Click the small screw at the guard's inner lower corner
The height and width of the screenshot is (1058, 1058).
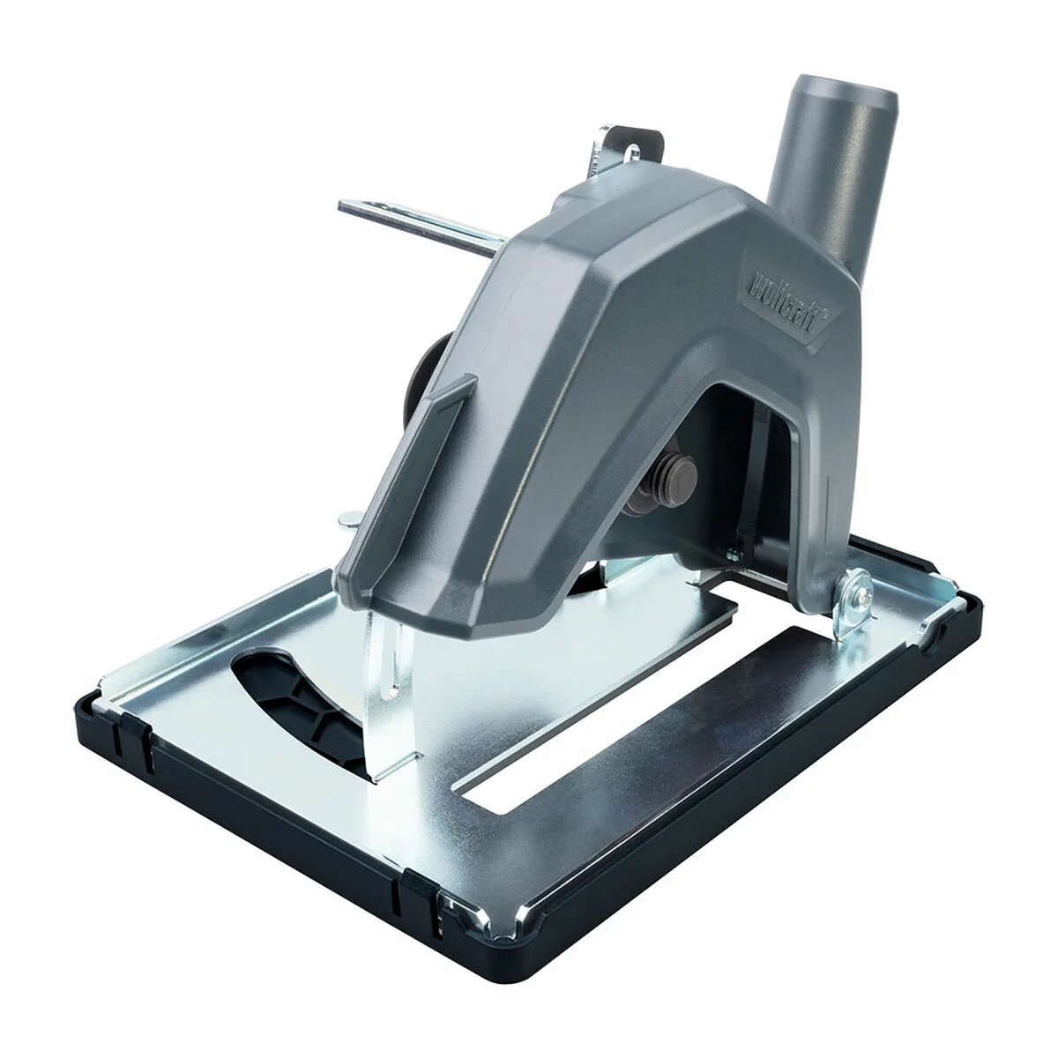[731, 553]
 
